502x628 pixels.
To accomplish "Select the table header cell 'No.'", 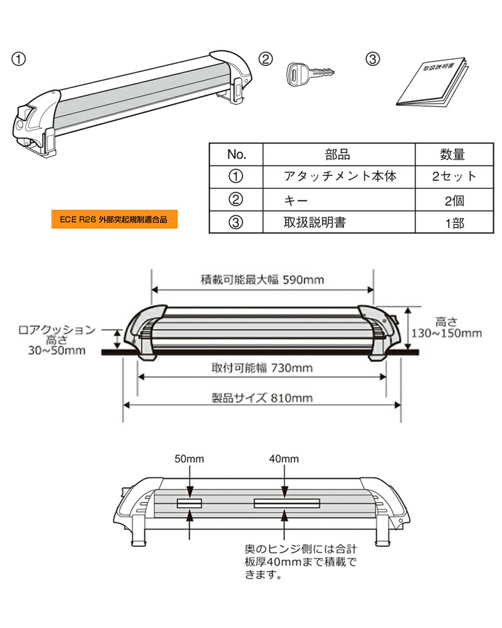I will [x=236, y=154].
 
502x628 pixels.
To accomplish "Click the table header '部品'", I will [x=338, y=154].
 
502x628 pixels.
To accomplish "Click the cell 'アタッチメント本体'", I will [x=339, y=176].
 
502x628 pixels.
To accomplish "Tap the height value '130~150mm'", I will [x=447, y=333].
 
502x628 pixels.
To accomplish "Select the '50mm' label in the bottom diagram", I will [x=190, y=459].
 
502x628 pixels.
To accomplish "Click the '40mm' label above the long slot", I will [x=286, y=459].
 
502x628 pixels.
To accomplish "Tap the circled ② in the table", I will [x=236, y=200].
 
